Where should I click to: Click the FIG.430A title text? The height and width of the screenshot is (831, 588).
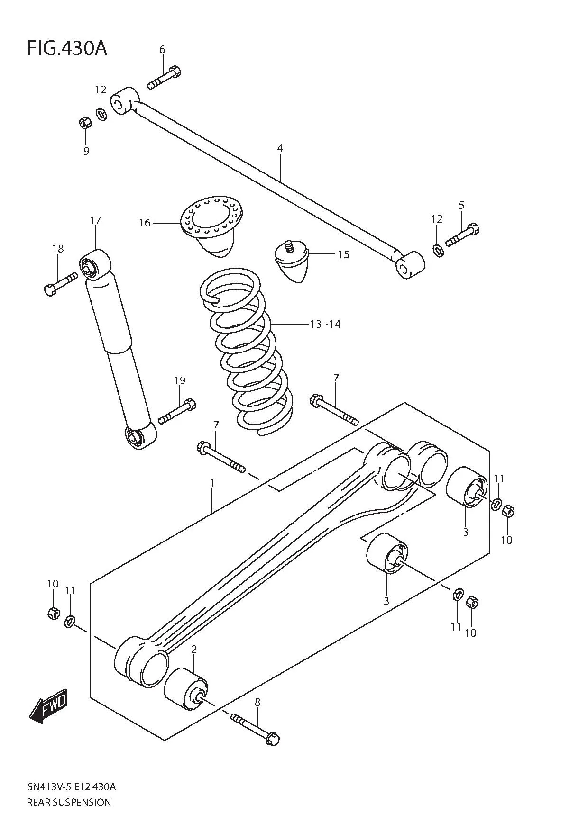(66, 48)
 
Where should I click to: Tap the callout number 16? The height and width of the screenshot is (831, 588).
(145, 223)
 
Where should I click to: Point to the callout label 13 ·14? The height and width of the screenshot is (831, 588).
(325, 325)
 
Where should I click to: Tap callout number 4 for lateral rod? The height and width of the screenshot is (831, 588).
(280, 148)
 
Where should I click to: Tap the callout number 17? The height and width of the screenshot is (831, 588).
(96, 220)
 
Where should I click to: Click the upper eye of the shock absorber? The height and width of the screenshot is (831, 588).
(94, 264)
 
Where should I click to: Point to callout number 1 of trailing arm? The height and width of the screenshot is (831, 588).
(212, 483)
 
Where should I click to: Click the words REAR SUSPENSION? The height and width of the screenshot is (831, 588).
(69, 802)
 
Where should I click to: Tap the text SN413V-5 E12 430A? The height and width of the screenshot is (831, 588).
(71, 787)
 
